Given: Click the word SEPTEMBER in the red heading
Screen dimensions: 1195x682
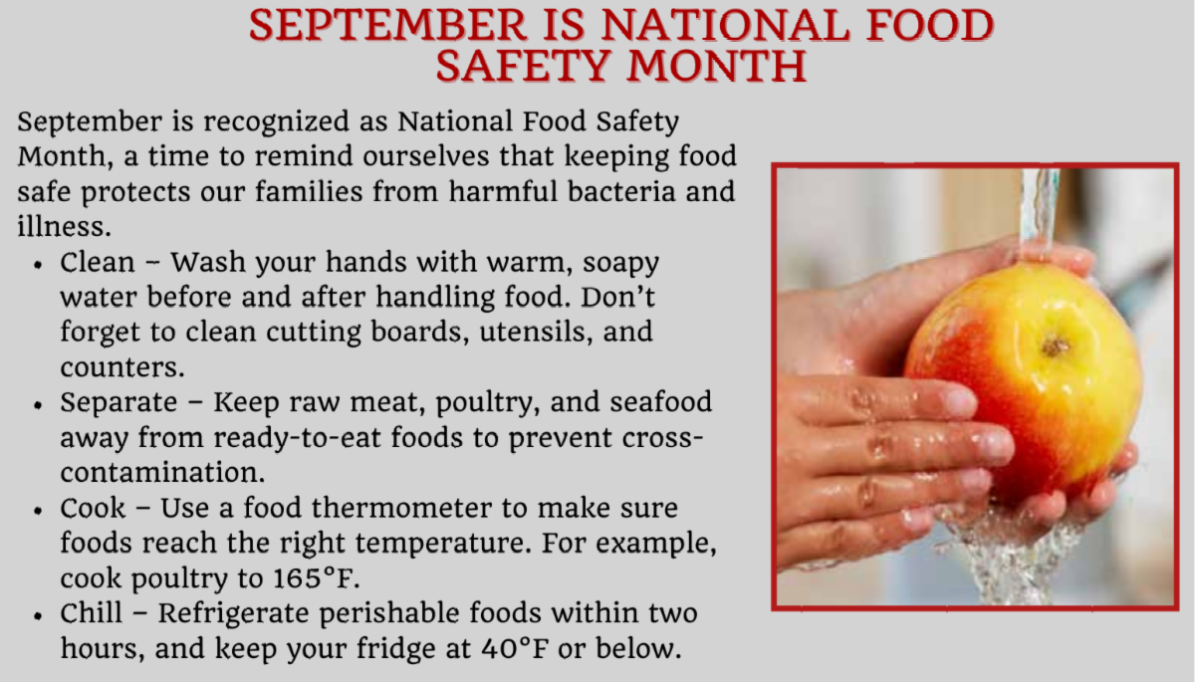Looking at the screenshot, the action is pos(387,25).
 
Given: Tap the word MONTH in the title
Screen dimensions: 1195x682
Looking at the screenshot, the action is pos(717,66).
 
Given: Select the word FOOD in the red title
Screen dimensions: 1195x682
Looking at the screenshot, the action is pos(930,25).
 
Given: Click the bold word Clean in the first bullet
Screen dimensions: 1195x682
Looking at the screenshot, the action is pos(98,263).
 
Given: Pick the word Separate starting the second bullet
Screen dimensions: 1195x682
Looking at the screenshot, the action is pos(119,402).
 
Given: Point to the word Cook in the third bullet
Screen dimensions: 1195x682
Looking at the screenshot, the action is pos(93,508).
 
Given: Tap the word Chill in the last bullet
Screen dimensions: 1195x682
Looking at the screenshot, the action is pos(92,612).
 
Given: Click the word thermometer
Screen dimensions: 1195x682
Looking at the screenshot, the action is pos(401,508).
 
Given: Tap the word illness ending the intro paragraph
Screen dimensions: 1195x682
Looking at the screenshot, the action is pos(64,227).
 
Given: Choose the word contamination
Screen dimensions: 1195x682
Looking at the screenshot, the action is pos(162,473).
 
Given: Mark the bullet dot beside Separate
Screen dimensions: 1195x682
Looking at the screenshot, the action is pos(38,405).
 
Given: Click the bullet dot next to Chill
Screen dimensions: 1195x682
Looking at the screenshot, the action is pos(38,616).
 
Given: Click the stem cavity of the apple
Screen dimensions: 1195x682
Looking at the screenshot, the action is pos(1055,347).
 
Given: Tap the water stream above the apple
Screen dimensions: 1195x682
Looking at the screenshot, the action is pos(1039,213).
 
